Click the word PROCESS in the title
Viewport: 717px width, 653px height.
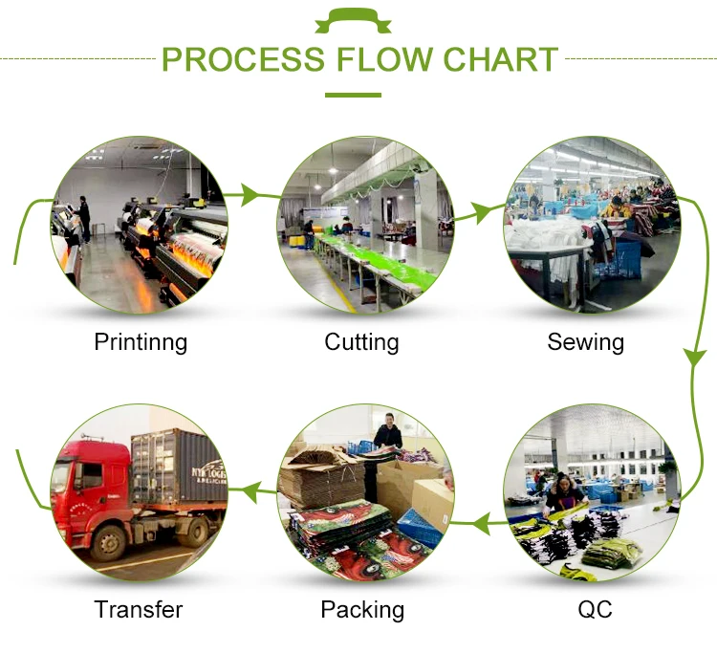(x=243, y=59)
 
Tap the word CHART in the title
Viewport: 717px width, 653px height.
(x=501, y=59)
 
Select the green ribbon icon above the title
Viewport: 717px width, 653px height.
(x=353, y=21)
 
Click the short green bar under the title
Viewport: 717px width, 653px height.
(x=353, y=95)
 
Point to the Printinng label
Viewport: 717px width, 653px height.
(x=141, y=342)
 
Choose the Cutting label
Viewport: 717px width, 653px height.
(x=361, y=342)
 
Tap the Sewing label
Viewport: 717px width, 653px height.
(x=586, y=342)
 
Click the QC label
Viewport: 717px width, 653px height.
(x=595, y=609)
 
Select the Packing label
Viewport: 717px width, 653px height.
(x=362, y=610)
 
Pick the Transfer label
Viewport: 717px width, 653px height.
(x=138, y=609)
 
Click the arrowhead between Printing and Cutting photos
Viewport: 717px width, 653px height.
(x=249, y=195)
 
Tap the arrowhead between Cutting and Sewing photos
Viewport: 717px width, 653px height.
(x=480, y=212)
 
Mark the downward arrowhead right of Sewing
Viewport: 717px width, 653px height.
(x=695, y=357)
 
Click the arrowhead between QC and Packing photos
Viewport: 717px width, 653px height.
(x=482, y=523)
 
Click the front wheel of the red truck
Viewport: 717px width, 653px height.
(x=109, y=544)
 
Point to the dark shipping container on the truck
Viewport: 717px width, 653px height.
(x=180, y=467)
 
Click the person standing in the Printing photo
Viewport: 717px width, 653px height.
(x=83, y=220)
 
